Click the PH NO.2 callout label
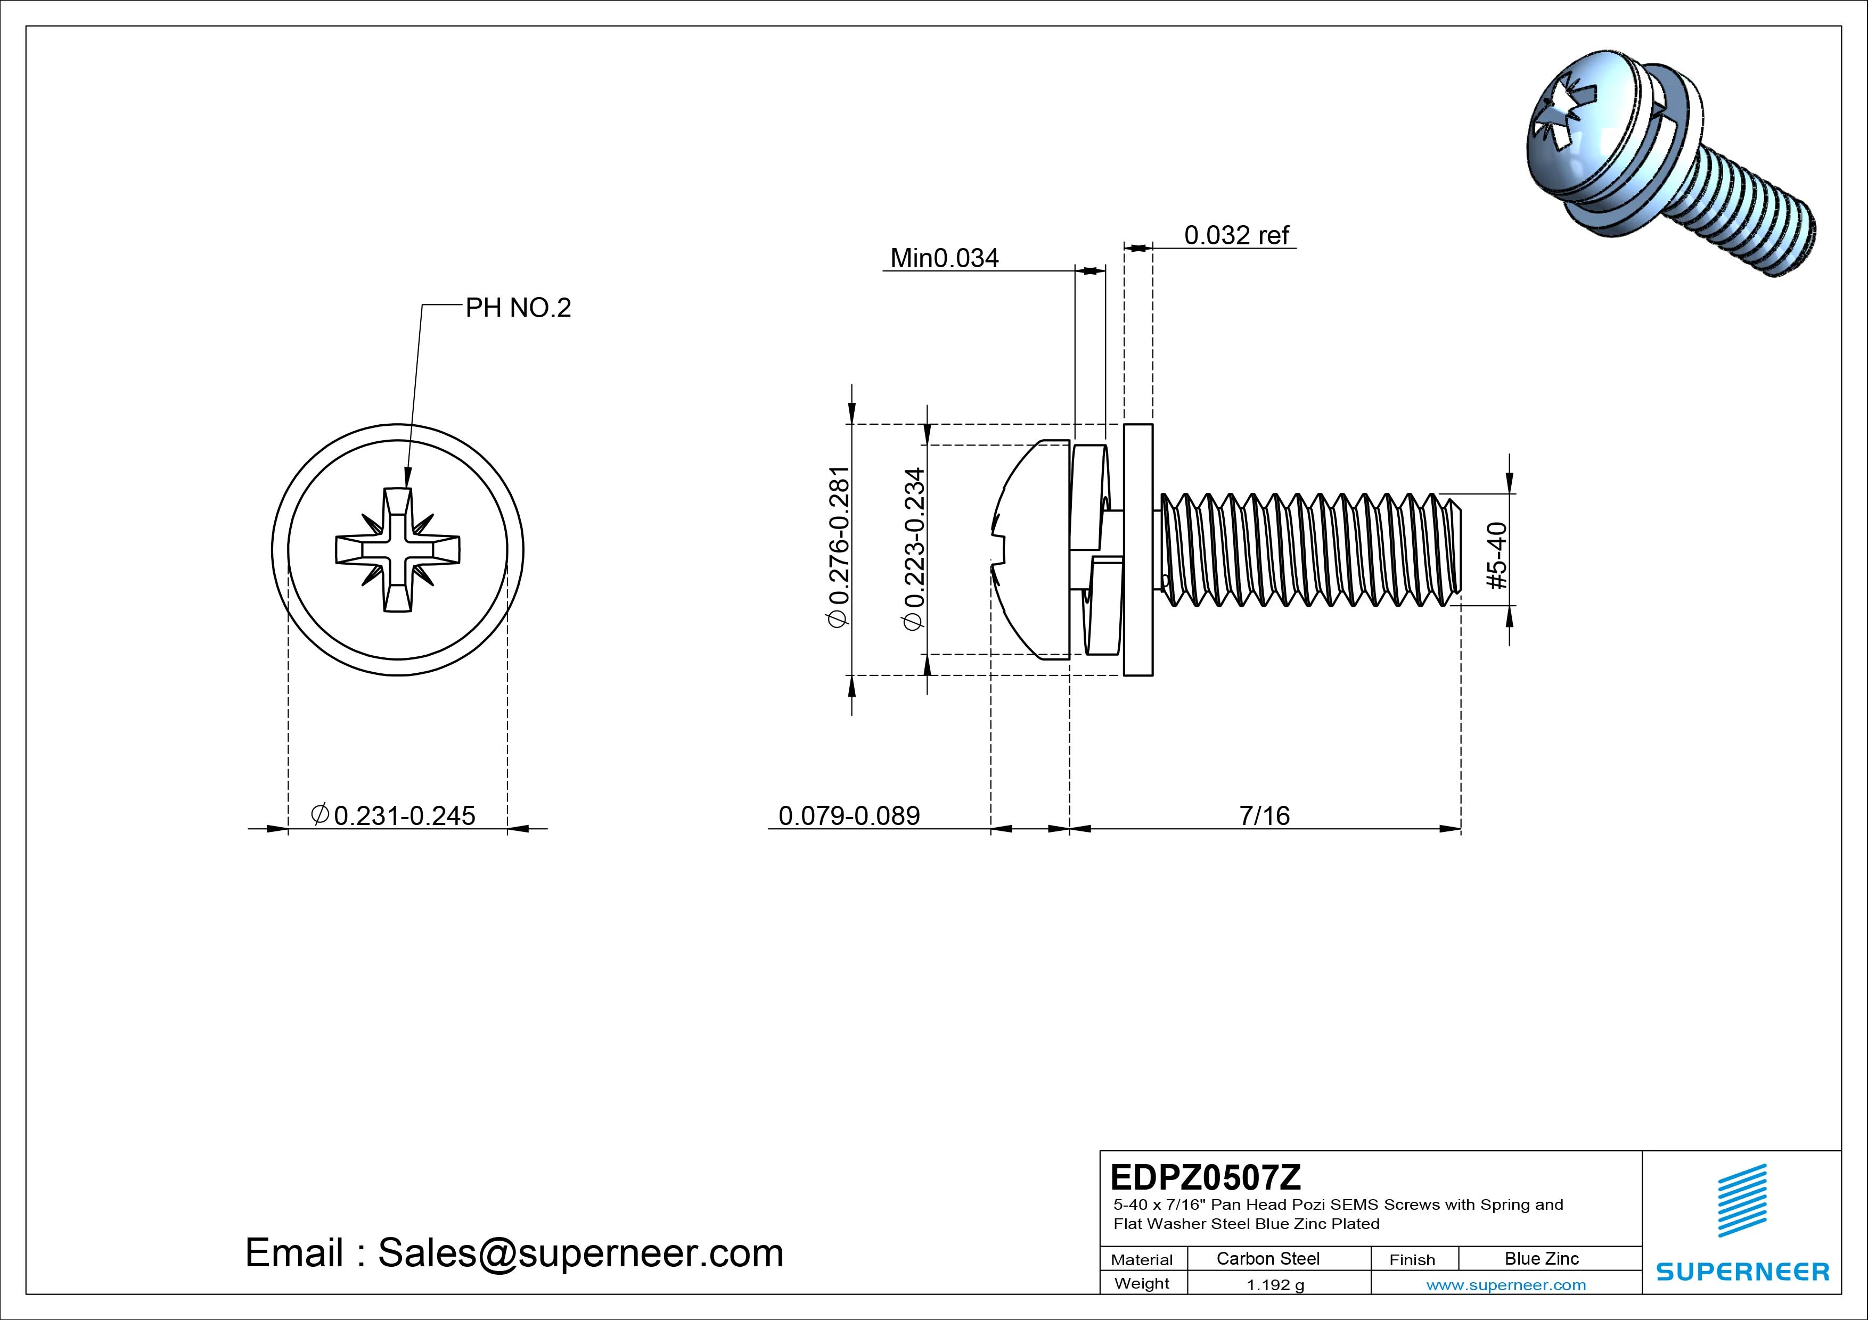click(x=518, y=308)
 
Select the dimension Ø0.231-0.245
click(x=393, y=815)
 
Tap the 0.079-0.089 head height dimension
click(x=849, y=815)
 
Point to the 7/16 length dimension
click(x=1264, y=815)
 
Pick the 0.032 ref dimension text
click(x=1236, y=235)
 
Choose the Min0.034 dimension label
click(x=944, y=258)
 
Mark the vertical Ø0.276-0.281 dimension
click(x=838, y=547)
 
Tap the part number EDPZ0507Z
click(x=1205, y=1177)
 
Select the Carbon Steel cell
click(x=1267, y=1258)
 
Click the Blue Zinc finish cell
click(x=1541, y=1258)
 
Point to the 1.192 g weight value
click(x=1275, y=1285)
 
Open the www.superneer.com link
click(x=1506, y=1285)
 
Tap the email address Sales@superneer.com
click(x=580, y=1252)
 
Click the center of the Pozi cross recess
click(x=398, y=550)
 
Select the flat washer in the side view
click(x=1138, y=550)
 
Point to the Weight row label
click(x=1142, y=1283)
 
